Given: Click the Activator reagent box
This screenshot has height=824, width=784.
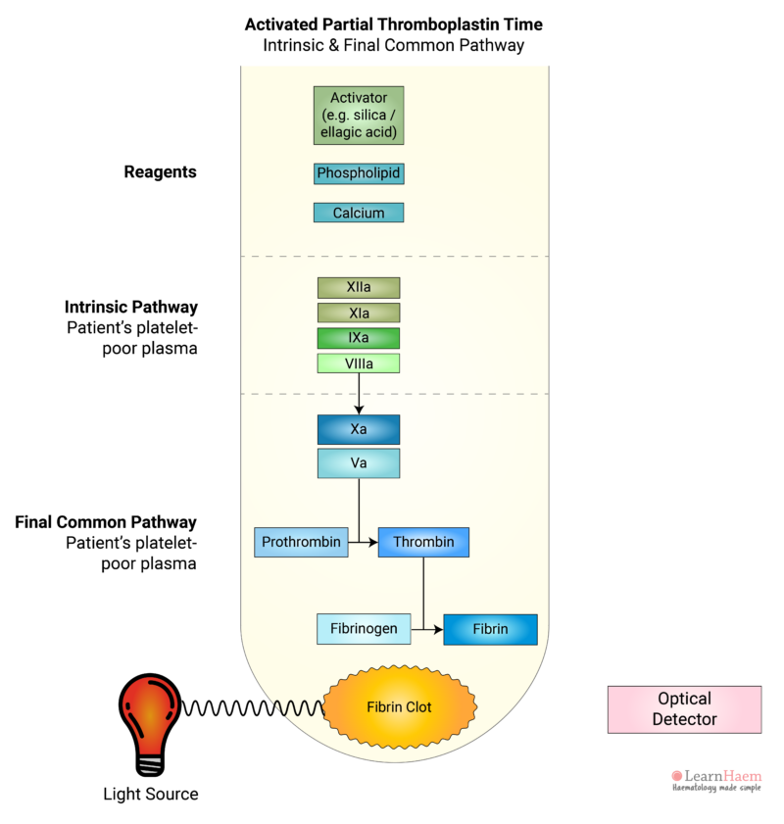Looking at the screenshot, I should click(x=358, y=115).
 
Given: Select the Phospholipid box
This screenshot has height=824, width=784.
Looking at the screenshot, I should click(x=358, y=173).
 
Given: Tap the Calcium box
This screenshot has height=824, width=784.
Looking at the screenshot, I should click(x=358, y=213).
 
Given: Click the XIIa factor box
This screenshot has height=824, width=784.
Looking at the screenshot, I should click(x=358, y=287).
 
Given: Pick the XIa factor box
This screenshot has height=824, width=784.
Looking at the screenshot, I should click(x=358, y=313).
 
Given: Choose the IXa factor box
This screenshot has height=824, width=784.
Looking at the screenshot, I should click(x=358, y=338).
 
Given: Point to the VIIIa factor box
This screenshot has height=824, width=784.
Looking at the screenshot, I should click(x=358, y=364).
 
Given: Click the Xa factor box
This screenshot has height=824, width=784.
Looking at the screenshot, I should click(x=358, y=430).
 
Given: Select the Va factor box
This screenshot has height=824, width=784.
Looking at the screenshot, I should click(x=358, y=463).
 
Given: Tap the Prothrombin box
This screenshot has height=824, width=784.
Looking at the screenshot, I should click(x=301, y=542).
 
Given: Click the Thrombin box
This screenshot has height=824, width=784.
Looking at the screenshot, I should click(x=423, y=542).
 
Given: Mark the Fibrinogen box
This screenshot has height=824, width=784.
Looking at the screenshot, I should click(x=363, y=629).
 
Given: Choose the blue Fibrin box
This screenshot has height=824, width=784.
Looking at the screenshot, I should click(x=490, y=629).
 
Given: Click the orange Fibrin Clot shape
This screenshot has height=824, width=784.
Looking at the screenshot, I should click(x=399, y=706).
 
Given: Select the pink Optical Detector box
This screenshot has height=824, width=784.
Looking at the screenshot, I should click(x=684, y=709).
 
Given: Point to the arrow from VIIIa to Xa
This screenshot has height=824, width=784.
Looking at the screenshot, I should click(x=359, y=394).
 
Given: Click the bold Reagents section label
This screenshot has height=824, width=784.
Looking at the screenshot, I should click(x=160, y=172).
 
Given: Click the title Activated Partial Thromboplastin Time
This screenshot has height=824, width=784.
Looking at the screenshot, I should click(x=395, y=24).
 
